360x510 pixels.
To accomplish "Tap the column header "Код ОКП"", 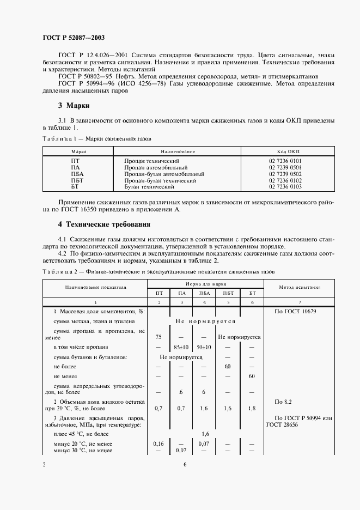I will tap(288, 151).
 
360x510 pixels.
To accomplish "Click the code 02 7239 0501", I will tap(288, 168).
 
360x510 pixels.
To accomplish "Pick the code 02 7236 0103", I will tap(288, 187).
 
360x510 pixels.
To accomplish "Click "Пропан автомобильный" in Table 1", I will tap(156, 168).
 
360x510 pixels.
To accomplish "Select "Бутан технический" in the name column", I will tap(149, 187).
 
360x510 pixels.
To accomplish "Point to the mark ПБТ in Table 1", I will tap(77, 180).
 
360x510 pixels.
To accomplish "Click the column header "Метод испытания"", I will tap(300, 287).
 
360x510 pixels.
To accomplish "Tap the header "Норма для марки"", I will tap(205, 284).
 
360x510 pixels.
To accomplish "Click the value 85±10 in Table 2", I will tap(181, 347).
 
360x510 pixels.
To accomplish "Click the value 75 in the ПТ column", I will tap(158, 337).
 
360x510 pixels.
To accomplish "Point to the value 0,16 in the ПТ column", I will tap(158, 444).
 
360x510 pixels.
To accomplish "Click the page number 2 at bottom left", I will tap(44, 464).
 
